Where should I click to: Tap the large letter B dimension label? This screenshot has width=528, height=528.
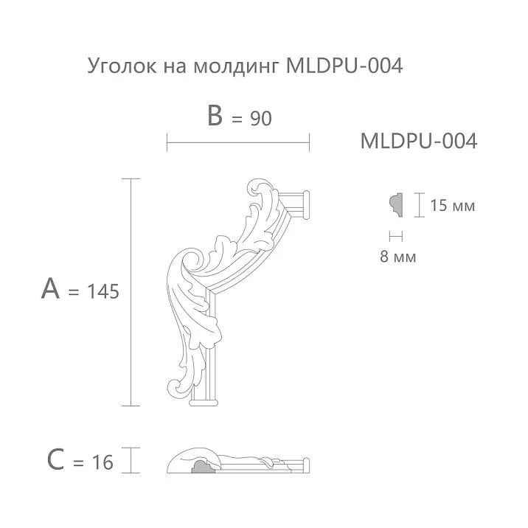point(215,116)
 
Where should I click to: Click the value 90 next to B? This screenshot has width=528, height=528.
point(260,118)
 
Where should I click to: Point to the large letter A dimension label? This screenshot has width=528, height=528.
point(50,290)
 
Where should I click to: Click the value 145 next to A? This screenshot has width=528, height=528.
point(103,292)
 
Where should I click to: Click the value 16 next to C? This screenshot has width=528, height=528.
point(103,462)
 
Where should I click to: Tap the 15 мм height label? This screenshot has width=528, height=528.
point(452,206)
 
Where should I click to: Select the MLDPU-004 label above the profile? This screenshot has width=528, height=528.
point(418,141)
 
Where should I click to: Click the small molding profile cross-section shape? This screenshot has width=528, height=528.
point(395,204)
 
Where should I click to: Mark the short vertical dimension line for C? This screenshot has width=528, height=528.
point(131,460)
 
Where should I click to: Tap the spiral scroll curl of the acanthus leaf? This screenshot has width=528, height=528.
point(191,261)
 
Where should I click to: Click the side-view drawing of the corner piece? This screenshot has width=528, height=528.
point(236,462)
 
